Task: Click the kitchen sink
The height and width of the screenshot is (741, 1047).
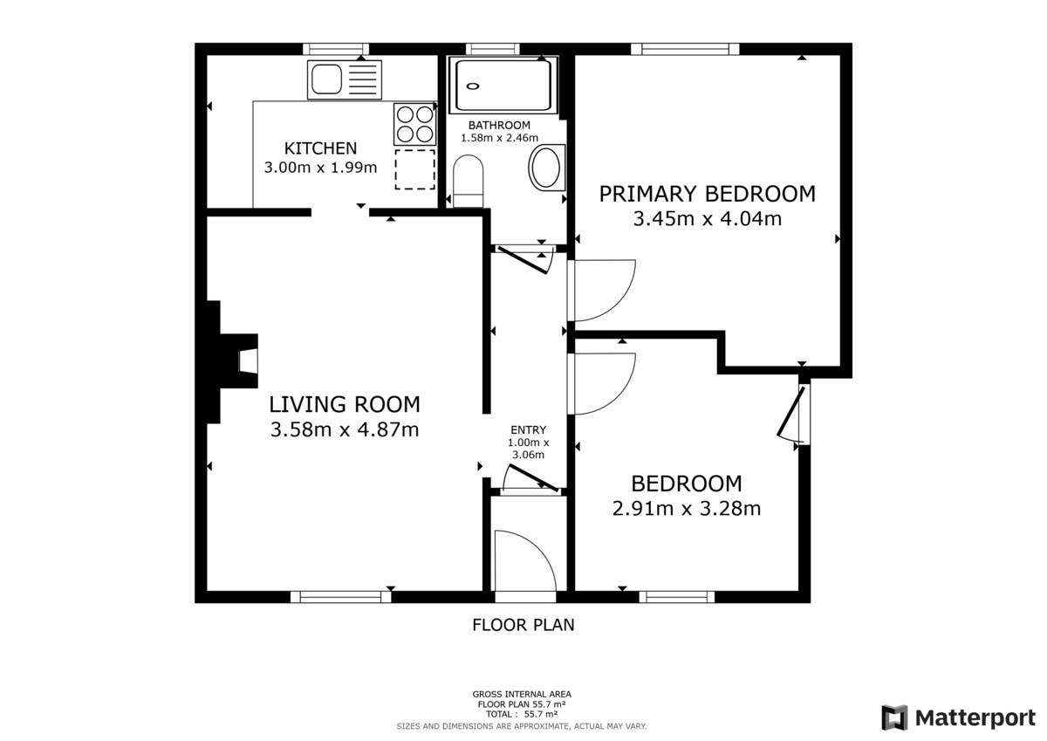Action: click(344, 79)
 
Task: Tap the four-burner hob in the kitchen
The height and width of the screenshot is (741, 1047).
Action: click(414, 124)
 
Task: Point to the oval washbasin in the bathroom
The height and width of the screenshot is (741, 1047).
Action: click(547, 168)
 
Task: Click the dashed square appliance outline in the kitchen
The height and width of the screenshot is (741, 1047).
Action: click(414, 169)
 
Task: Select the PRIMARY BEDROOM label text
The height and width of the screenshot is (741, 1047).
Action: click(707, 194)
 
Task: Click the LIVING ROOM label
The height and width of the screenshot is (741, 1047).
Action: click(344, 404)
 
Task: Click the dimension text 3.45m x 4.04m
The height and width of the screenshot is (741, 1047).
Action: click(707, 219)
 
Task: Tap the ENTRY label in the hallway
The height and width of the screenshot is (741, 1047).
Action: click(528, 429)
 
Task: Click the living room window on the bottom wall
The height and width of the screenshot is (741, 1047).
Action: click(340, 597)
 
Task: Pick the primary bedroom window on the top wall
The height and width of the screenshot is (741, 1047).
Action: click(685, 49)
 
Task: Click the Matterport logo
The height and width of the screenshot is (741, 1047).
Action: click(958, 717)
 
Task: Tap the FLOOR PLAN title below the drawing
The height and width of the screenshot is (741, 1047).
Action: click(523, 625)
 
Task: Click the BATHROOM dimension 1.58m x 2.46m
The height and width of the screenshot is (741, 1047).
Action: click(499, 138)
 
